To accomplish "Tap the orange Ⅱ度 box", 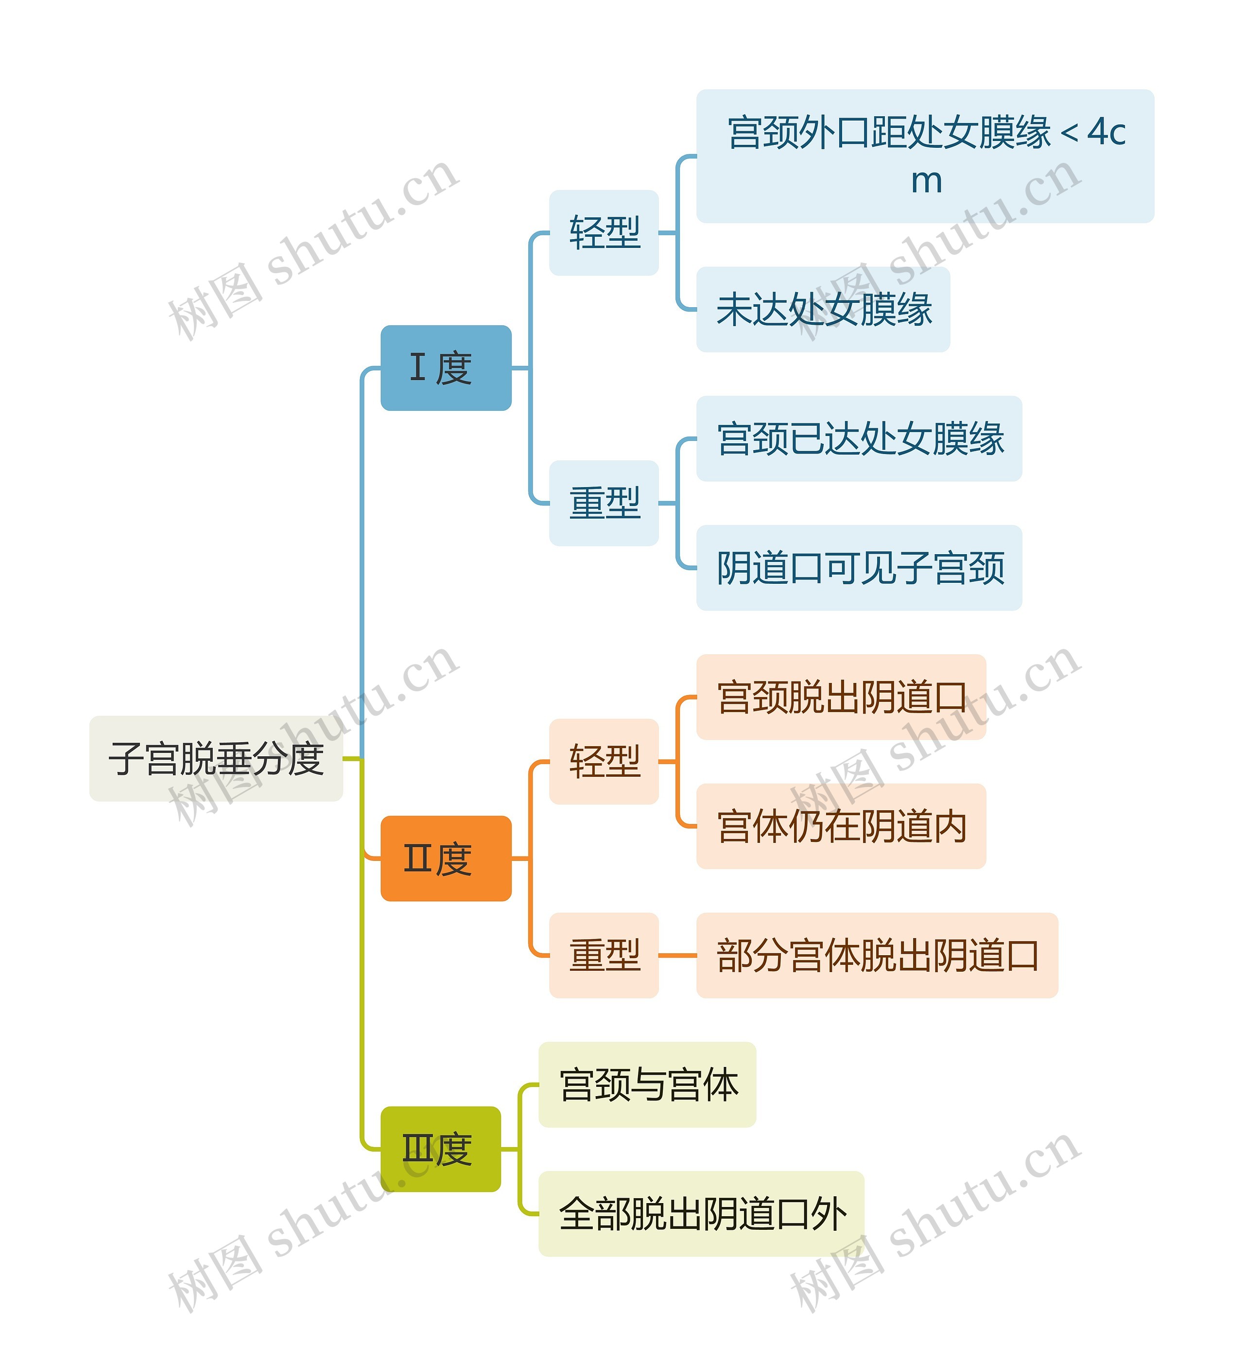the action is pyautogui.click(x=446, y=858).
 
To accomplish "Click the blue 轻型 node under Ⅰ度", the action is pyautogui.click(x=604, y=232).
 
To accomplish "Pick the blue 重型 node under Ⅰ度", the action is pyautogui.click(x=604, y=503).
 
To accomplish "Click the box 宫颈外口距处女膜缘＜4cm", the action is pyautogui.click(x=925, y=156).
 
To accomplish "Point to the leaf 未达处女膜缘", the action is pyautogui.click(x=823, y=309).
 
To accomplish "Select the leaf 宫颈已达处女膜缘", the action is pyautogui.click(x=859, y=438).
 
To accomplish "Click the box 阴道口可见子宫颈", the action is pyautogui.click(x=859, y=568).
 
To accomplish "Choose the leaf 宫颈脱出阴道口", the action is pyautogui.click(x=841, y=697).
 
